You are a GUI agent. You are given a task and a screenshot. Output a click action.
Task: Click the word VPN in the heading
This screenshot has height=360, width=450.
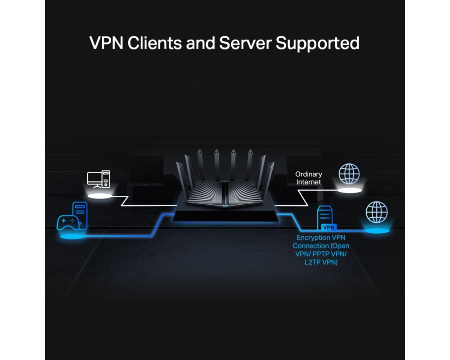coord(107,43)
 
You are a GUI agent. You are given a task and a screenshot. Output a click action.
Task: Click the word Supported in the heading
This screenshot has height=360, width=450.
coord(318,43)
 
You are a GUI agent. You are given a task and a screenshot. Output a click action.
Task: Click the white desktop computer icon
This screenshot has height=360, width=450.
coord(99,179)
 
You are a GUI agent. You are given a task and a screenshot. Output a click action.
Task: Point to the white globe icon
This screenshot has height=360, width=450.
coord(349,173)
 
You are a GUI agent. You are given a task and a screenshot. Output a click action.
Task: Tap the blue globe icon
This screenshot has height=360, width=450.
coord(376,212)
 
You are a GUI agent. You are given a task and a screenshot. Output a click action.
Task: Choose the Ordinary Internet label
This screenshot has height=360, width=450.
coord(309,178)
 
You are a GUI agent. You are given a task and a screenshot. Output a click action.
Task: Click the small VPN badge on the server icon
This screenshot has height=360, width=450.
coord(329,228)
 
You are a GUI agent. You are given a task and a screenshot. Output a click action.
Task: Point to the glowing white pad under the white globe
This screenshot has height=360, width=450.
coord(351,191)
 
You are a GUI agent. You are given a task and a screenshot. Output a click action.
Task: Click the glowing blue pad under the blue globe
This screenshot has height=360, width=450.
coord(376,231)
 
